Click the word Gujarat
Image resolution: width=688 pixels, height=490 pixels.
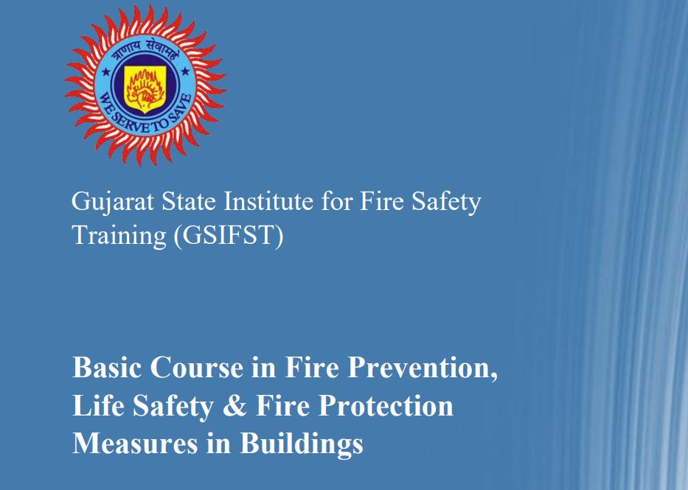click(x=113, y=203)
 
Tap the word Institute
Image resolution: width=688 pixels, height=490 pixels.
click(x=268, y=201)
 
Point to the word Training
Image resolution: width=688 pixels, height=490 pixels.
click(x=119, y=236)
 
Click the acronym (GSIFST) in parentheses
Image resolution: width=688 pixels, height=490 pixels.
click(x=229, y=235)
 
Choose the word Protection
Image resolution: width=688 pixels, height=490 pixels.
click(x=386, y=405)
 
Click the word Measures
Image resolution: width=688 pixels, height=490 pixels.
click(x=135, y=443)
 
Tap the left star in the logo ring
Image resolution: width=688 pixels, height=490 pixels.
click(x=105, y=71)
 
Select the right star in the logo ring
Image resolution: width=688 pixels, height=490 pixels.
click(x=185, y=71)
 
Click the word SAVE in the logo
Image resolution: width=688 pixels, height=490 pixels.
click(x=181, y=107)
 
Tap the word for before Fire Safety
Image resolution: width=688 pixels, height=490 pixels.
click(x=337, y=201)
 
